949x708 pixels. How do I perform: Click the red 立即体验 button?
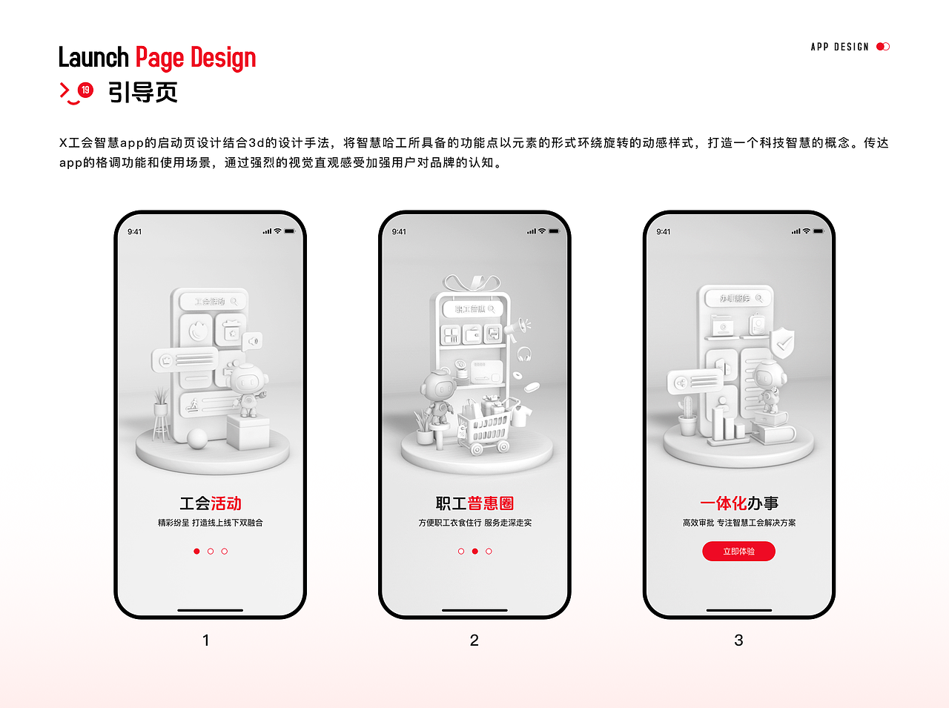click(738, 552)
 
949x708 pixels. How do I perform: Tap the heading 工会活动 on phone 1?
click(211, 503)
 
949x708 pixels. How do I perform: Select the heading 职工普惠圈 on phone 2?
click(474, 503)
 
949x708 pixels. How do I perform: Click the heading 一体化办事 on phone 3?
click(739, 503)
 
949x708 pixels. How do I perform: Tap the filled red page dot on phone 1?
click(196, 552)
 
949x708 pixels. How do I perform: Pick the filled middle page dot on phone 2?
click(474, 552)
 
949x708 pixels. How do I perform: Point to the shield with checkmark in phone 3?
click(781, 343)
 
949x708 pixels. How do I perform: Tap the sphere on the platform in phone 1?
click(197, 438)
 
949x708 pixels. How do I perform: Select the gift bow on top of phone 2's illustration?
click(472, 283)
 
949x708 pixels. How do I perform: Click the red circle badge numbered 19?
click(86, 90)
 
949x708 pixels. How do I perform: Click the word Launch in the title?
click(93, 58)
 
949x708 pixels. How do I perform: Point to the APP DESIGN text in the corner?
click(839, 47)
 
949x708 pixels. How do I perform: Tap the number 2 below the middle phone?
click(474, 641)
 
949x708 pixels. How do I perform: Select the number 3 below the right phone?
click(738, 641)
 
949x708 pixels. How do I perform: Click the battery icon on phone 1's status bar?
click(289, 231)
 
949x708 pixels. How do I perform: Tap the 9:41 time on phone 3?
click(664, 232)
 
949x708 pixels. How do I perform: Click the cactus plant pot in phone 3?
click(688, 419)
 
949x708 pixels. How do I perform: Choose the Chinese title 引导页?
click(143, 93)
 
